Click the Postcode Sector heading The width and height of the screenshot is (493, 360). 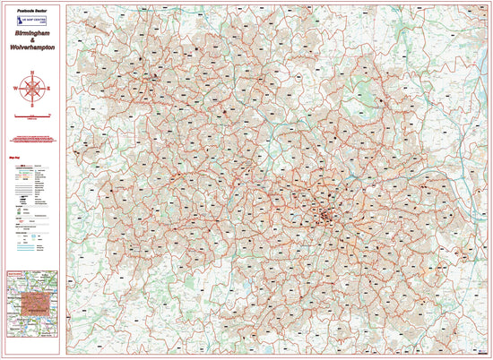pos(34,7)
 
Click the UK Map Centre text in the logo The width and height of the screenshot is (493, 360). pos(37,19)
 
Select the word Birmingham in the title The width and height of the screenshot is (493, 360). pos(34,32)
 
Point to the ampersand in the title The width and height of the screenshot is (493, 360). pos(34,41)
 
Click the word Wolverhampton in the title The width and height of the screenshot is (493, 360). pos(34,50)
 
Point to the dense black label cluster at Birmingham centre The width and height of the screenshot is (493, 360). pos(325,215)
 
